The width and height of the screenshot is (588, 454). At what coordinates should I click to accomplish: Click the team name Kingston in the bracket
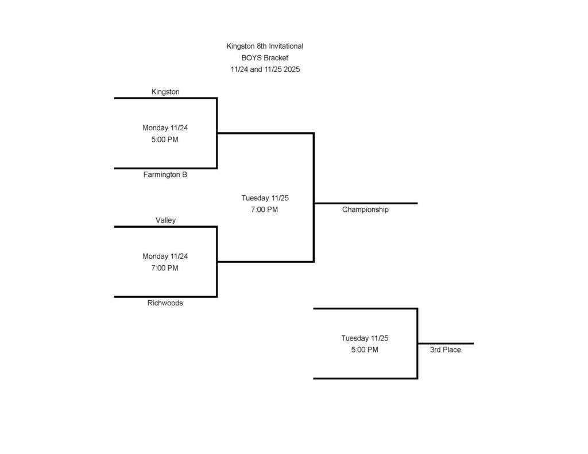tap(165, 92)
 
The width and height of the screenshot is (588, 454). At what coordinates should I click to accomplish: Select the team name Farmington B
tap(165, 174)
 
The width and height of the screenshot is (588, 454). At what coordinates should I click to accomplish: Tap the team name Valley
tap(165, 220)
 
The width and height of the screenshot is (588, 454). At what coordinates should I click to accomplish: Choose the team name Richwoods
tap(165, 303)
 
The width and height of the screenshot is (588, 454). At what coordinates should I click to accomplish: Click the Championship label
tap(365, 209)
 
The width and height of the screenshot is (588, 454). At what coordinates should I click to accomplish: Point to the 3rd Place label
tap(445, 350)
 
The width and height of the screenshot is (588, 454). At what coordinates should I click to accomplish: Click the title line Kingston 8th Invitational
tap(265, 46)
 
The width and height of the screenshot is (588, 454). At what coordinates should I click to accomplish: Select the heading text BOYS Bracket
tap(265, 57)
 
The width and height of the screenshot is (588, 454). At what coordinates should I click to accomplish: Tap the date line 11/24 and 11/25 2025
tap(265, 69)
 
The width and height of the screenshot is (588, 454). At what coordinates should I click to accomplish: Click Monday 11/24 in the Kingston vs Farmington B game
tap(165, 128)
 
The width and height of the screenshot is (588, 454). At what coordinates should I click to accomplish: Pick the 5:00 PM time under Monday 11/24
tap(165, 139)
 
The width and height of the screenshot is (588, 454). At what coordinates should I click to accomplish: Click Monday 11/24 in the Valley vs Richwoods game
tap(165, 257)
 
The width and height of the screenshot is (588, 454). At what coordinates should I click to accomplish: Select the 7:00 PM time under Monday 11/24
tap(165, 268)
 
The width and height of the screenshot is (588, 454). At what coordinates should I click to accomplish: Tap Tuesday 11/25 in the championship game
tap(265, 198)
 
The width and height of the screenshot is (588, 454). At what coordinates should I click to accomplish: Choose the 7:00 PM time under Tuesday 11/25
tap(265, 209)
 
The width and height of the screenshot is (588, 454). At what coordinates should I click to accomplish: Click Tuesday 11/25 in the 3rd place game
tap(365, 338)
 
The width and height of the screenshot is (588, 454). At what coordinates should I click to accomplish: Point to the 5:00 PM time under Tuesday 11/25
tap(365, 350)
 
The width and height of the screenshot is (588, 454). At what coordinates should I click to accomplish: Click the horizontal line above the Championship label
tap(365, 203)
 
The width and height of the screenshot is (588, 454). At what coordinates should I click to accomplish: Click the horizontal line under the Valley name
tap(165, 227)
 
